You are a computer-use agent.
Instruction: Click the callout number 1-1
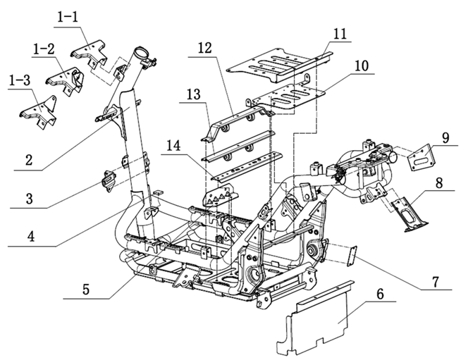click(x=68, y=18)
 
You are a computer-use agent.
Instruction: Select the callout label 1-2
click(x=44, y=49)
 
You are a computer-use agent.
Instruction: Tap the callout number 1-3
click(x=20, y=80)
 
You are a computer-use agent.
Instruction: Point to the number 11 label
click(x=340, y=34)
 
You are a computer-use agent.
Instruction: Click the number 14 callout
click(x=173, y=146)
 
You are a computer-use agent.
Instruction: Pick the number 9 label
click(x=445, y=137)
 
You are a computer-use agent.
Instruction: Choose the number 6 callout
click(x=380, y=294)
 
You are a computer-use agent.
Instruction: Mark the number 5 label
click(x=85, y=289)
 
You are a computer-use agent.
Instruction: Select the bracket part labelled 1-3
click(x=38, y=112)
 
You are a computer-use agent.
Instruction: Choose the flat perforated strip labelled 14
click(x=245, y=167)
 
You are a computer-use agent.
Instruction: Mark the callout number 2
click(x=29, y=161)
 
